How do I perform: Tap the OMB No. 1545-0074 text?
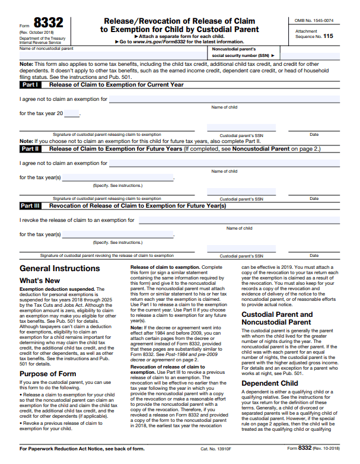tap(314, 21)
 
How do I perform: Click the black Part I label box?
tap(30, 85)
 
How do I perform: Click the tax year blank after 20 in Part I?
tap(71, 113)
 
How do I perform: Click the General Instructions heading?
tap(59, 268)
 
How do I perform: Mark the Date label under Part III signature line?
tap(314, 256)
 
